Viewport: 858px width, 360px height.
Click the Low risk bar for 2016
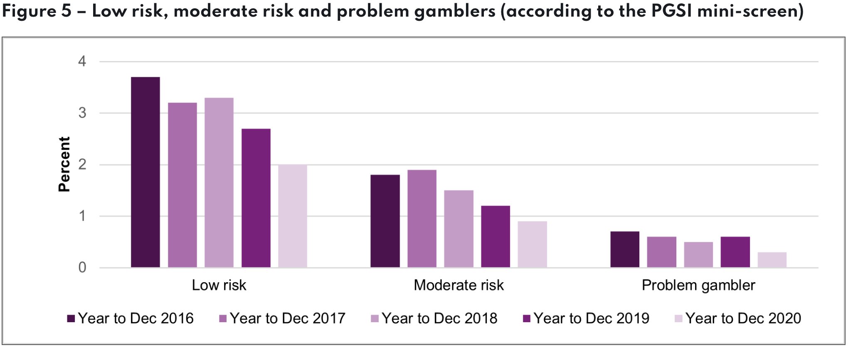click(x=145, y=172)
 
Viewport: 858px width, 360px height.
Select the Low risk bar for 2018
click(x=219, y=182)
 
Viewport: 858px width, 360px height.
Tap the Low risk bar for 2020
click(x=293, y=216)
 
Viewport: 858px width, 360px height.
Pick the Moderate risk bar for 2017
click(x=422, y=218)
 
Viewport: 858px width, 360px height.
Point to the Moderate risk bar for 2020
click(x=532, y=244)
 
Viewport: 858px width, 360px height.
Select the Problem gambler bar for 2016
click(x=625, y=249)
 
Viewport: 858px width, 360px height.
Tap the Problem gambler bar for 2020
click(x=772, y=259)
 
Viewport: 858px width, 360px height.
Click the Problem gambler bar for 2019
click(x=735, y=252)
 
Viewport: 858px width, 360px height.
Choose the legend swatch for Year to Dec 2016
click(x=71, y=318)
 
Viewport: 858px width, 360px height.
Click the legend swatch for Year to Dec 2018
click(x=375, y=318)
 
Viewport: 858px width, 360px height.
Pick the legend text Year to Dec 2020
click(x=743, y=318)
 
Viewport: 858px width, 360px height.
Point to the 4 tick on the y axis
click(x=82, y=62)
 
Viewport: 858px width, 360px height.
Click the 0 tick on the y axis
click(x=82, y=267)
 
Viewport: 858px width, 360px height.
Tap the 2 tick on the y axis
click(x=82, y=165)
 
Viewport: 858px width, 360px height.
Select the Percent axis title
click(x=64, y=164)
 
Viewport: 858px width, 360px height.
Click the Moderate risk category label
click(x=459, y=285)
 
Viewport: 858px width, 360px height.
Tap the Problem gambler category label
click(x=698, y=285)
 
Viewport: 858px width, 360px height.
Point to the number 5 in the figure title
click(x=67, y=11)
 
